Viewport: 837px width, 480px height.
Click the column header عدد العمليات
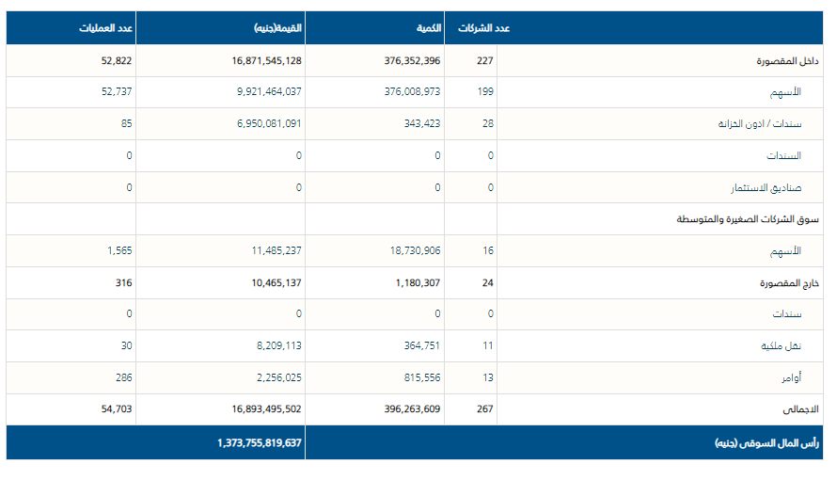(x=105, y=28)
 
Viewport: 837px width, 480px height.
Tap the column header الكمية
(x=429, y=28)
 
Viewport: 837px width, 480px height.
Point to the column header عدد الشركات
(x=484, y=28)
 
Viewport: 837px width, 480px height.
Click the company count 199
(x=484, y=92)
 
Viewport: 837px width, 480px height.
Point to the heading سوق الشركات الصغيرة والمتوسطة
(x=748, y=219)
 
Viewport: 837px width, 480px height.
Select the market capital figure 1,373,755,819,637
(x=259, y=442)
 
